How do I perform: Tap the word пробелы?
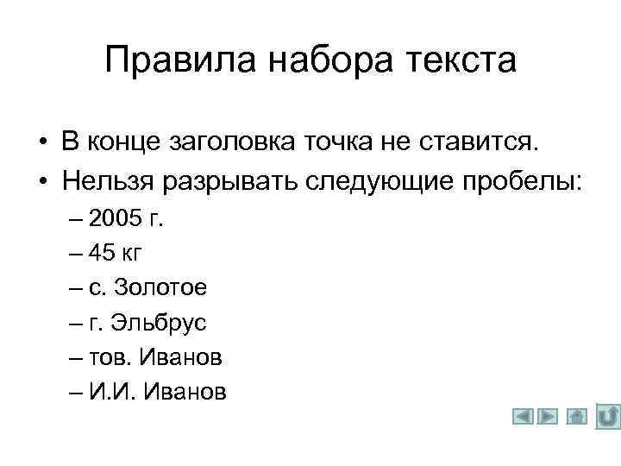click(x=524, y=181)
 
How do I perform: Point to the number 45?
click(x=103, y=254)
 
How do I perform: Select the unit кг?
click(x=133, y=254)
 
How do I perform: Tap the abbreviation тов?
click(x=104, y=357)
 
